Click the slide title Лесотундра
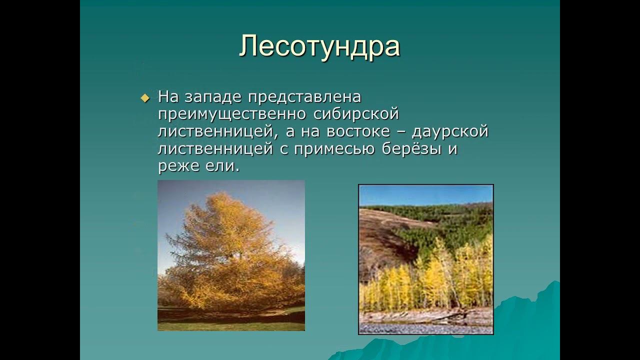tap(319, 46)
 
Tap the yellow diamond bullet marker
tap(145, 98)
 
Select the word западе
tap(213, 97)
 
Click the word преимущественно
tap(232, 115)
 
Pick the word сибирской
tap(356, 114)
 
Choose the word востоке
tap(358, 131)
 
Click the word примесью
tap(334, 149)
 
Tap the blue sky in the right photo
tap(425, 195)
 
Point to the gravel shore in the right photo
tap(425, 328)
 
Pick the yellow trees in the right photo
tap(428, 283)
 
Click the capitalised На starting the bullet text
tap(168, 97)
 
